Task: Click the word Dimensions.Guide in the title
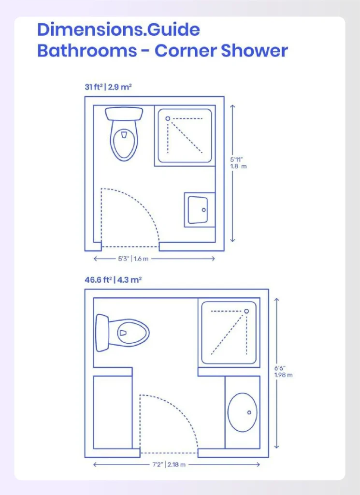point(118,30)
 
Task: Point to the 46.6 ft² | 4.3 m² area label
point(113,279)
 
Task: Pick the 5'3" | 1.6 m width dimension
point(133,259)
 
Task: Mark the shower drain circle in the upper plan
point(168,118)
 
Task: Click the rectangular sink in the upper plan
point(199,210)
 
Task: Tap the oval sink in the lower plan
point(242,412)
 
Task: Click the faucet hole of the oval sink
point(249,412)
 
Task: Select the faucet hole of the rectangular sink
point(204,210)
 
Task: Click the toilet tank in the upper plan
point(124,114)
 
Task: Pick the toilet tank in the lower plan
point(102,333)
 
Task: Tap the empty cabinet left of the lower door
point(112,412)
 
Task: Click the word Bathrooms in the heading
point(87,51)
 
